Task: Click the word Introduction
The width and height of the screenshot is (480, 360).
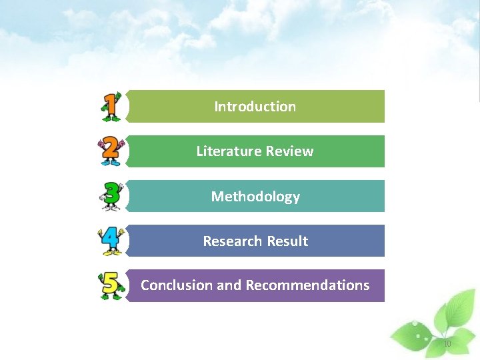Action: pyautogui.click(x=255, y=107)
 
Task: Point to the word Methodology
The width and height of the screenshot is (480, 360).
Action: pyautogui.click(x=255, y=197)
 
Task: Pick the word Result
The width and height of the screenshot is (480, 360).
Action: pyautogui.click(x=287, y=241)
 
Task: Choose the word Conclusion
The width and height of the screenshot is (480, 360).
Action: pyautogui.click(x=176, y=285)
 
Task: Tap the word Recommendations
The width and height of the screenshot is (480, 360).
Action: pyautogui.click(x=307, y=285)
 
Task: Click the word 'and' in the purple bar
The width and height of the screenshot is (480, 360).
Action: pyautogui.click(x=229, y=285)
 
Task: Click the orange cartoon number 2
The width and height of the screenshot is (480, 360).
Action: pyautogui.click(x=111, y=151)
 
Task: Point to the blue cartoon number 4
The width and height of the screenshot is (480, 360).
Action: pyautogui.click(x=111, y=240)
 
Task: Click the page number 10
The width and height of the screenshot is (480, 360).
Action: pyautogui.click(x=447, y=344)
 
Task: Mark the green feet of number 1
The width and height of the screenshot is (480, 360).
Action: pyautogui.click(x=111, y=119)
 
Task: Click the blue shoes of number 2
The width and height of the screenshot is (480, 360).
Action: pyautogui.click(x=111, y=163)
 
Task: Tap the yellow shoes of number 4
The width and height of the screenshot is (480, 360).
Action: pyautogui.click(x=111, y=253)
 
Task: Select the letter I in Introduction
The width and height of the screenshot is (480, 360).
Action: pyautogui.click(x=216, y=107)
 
